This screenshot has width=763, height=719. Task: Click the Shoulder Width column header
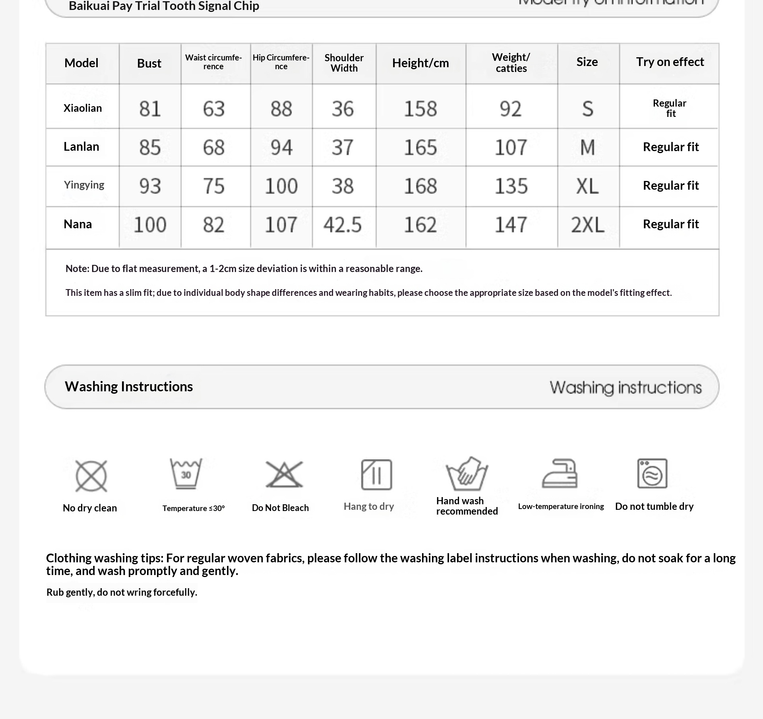point(344,63)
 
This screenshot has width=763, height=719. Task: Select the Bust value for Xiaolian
point(150,109)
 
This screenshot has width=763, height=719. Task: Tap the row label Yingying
point(84,185)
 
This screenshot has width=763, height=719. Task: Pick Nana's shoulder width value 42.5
point(343,225)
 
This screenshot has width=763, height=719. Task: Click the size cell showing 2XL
point(587,225)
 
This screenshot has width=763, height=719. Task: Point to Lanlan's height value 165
point(420,147)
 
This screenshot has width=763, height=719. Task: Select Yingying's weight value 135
point(511,186)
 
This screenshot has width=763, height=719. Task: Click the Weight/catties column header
point(511,63)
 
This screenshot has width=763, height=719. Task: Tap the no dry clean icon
point(91,476)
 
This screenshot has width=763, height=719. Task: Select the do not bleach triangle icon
point(284,474)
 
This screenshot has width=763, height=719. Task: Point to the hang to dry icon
point(376,474)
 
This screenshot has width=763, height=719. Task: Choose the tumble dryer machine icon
point(652,473)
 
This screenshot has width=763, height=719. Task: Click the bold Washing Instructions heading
point(129,387)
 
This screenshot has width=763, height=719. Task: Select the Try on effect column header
point(670,62)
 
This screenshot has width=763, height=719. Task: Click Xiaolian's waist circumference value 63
point(214,109)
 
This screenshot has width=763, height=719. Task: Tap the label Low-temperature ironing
point(561,506)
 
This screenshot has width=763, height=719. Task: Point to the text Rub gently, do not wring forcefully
point(122,592)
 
